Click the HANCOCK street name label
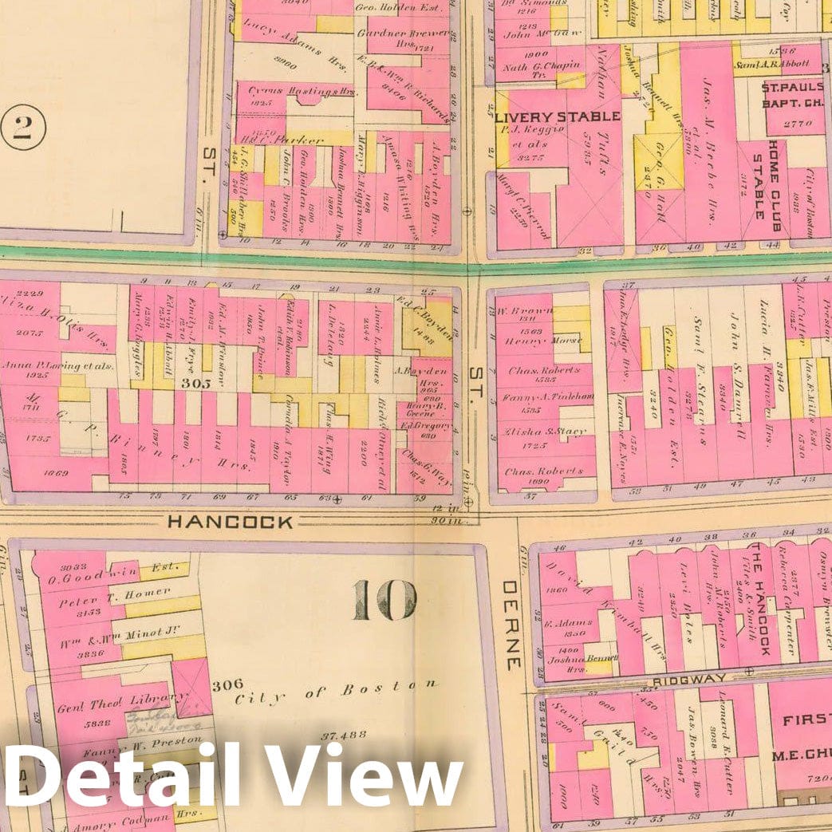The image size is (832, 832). click(x=230, y=522)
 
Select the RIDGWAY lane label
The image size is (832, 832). click(x=688, y=679)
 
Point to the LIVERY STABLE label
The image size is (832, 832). click(x=557, y=117)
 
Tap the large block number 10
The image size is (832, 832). click(x=384, y=600)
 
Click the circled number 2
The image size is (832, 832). click(x=22, y=128)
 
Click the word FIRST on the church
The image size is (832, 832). click(x=806, y=721)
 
